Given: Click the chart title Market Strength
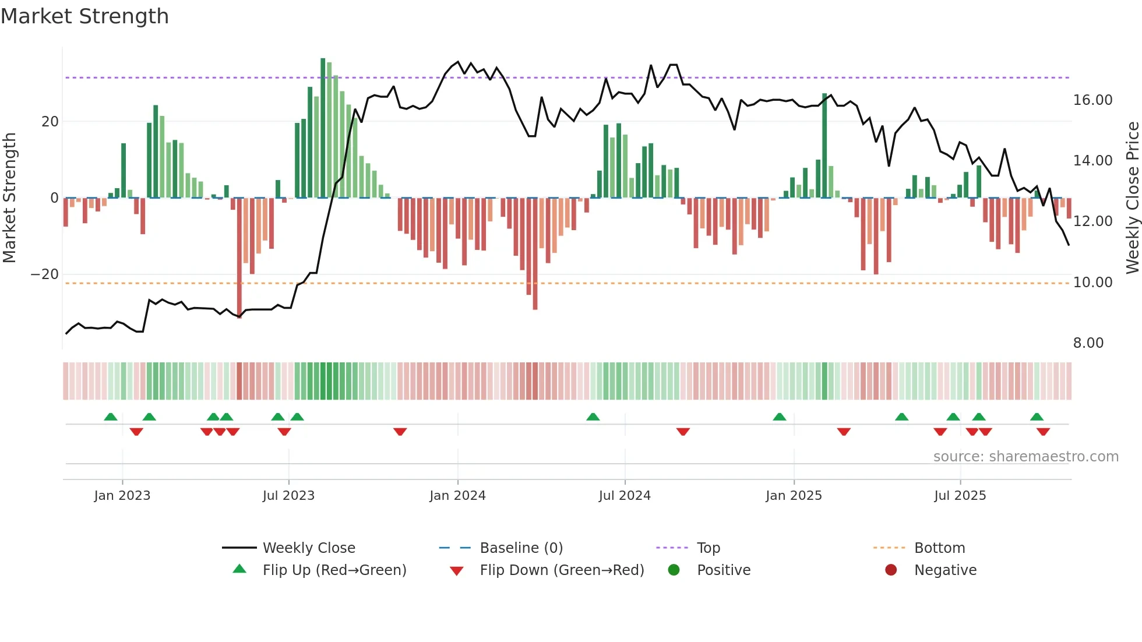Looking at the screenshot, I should click(85, 16).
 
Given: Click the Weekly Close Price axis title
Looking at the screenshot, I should click(1132, 197).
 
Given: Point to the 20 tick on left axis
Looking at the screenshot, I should click(50, 122).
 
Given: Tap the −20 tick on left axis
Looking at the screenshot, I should click(45, 274).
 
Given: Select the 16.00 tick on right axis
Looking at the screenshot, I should click(1092, 100).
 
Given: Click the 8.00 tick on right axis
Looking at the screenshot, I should click(1088, 343).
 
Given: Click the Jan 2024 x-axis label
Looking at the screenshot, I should click(457, 496).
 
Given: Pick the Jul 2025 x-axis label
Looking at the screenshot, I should click(960, 496).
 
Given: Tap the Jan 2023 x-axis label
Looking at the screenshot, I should click(122, 496).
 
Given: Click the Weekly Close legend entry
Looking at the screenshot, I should click(309, 548).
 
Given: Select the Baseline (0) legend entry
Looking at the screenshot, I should click(521, 548).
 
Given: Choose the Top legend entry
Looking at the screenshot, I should click(709, 548).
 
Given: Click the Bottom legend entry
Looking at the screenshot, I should click(939, 548).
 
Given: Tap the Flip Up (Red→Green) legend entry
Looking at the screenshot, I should click(334, 570).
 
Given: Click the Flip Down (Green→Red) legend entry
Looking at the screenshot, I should click(562, 570).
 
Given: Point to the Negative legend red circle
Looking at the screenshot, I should click(891, 570).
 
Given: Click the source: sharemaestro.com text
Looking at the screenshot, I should click(1025, 457).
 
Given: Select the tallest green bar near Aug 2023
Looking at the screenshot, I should click(323, 128).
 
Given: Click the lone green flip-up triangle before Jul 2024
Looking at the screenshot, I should click(593, 417).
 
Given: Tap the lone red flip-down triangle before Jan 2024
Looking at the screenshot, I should click(400, 432).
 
